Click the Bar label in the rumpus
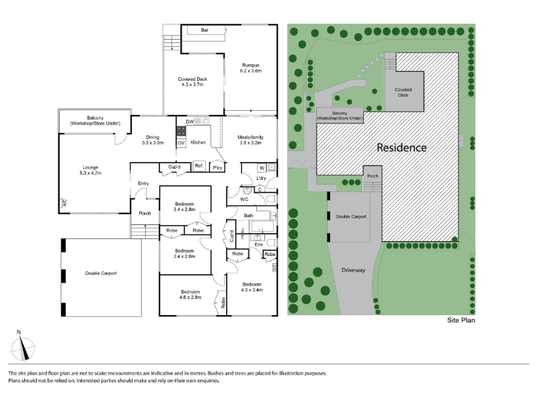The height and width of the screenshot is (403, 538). click(x=204, y=30)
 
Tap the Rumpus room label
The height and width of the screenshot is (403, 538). click(x=251, y=68)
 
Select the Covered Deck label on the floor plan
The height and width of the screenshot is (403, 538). click(x=192, y=81)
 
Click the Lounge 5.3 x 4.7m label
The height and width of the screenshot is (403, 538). click(x=91, y=170)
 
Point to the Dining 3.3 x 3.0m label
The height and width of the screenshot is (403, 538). click(x=153, y=140)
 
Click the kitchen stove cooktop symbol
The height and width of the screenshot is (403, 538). click(x=181, y=131)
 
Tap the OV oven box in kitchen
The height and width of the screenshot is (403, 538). click(x=181, y=143)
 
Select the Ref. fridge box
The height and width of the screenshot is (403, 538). click(x=199, y=166)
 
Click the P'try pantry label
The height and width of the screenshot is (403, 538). click(x=217, y=167)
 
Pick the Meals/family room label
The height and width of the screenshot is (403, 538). click(x=250, y=140)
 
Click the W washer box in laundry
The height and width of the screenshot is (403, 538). click(x=262, y=167)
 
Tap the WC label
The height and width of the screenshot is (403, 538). click(x=244, y=199)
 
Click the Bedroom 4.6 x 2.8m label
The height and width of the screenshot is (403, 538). click(x=190, y=294)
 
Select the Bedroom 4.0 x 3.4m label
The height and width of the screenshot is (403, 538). click(x=252, y=287)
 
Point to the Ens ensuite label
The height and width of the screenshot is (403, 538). click(x=259, y=244)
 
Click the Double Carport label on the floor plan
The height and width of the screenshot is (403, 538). click(x=101, y=273)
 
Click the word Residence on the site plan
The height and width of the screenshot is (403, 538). click(x=401, y=148)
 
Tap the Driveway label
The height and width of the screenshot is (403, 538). click(x=354, y=270)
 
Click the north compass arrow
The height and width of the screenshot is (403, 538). click(x=23, y=348)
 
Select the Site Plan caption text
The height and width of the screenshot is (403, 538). click(x=461, y=320)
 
